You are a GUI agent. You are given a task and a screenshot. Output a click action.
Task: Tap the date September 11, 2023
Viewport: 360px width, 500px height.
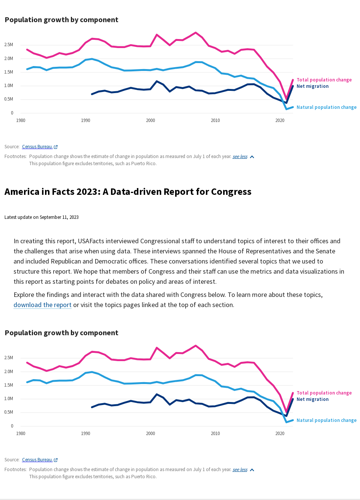pyautogui.click(x=59, y=217)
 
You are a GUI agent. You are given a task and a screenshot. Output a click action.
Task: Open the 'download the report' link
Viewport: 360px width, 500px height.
pyautogui.click(x=42, y=305)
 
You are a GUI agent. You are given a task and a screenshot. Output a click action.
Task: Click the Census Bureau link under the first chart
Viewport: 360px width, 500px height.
pyautogui.click(x=37, y=147)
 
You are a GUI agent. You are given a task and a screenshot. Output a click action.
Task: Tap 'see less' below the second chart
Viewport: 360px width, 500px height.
pyautogui.click(x=240, y=470)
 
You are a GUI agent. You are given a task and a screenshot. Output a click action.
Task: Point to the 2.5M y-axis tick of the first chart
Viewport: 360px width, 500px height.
pyautogui.click(x=9, y=45)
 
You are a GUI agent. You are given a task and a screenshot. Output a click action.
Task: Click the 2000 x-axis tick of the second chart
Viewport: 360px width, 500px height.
pyautogui.click(x=150, y=434)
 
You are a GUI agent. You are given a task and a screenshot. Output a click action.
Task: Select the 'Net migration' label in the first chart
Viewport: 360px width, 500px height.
pyautogui.click(x=312, y=86)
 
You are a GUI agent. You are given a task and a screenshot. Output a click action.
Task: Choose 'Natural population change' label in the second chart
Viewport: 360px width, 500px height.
pyautogui.click(x=326, y=420)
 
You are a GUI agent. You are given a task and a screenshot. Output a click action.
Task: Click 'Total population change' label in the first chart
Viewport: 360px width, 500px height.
pyautogui.click(x=324, y=80)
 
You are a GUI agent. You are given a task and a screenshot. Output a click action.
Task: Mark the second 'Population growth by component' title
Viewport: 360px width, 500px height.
pyautogui.click(x=61, y=333)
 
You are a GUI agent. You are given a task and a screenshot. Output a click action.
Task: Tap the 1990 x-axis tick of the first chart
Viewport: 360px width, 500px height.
pyautogui.click(x=85, y=120)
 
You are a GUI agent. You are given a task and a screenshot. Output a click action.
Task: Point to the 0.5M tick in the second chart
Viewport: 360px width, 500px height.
pyautogui.click(x=9, y=412)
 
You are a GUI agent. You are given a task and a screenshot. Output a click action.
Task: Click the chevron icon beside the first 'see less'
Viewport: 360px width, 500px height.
pyautogui.click(x=252, y=157)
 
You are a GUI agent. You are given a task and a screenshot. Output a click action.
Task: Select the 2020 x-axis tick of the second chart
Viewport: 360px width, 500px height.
pyautogui.click(x=280, y=434)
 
